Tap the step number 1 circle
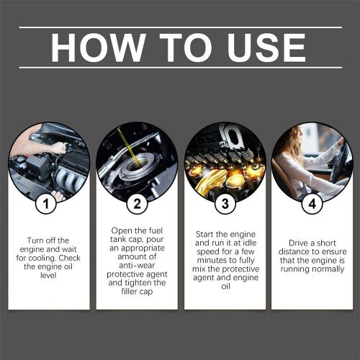point(47,204)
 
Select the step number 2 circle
point(136,204)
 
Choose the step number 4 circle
point(312,204)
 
